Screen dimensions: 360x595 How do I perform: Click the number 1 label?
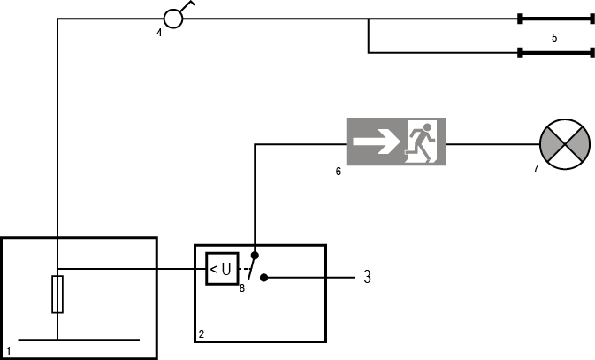8,352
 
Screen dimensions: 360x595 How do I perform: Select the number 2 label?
202,334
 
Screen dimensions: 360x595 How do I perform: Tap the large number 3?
367,277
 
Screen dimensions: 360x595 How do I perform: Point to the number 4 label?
159,34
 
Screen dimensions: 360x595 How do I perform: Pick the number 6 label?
339,172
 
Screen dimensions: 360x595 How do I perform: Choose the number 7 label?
536,168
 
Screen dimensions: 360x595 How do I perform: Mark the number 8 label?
242,288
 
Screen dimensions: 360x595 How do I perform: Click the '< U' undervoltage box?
221,269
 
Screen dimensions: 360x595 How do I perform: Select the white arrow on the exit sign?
374,142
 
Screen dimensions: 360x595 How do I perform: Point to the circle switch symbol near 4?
173,19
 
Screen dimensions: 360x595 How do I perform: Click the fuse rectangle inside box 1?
57,294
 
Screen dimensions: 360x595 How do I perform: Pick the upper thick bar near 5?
555,19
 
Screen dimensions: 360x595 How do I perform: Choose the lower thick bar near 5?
555,53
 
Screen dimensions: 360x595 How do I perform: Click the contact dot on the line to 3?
263,278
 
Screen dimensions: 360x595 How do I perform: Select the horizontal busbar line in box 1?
79,339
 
